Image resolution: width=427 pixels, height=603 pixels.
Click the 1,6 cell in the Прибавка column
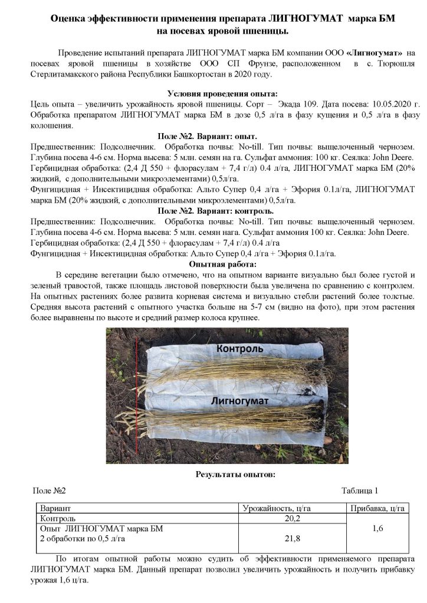point(378,529)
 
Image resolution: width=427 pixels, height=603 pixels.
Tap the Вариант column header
point(55,508)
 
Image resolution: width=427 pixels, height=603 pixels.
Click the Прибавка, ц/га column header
point(378,508)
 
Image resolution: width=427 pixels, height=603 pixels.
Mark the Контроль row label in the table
point(57,519)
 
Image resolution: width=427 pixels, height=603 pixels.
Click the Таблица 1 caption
point(359,491)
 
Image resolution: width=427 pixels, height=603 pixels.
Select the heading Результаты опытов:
point(234,474)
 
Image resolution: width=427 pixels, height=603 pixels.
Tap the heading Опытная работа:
point(214,264)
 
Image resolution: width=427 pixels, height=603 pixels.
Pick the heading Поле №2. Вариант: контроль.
point(214,211)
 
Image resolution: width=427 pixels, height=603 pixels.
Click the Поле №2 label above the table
point(49,491)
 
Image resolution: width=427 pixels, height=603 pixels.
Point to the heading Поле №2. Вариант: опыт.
point(214,136)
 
